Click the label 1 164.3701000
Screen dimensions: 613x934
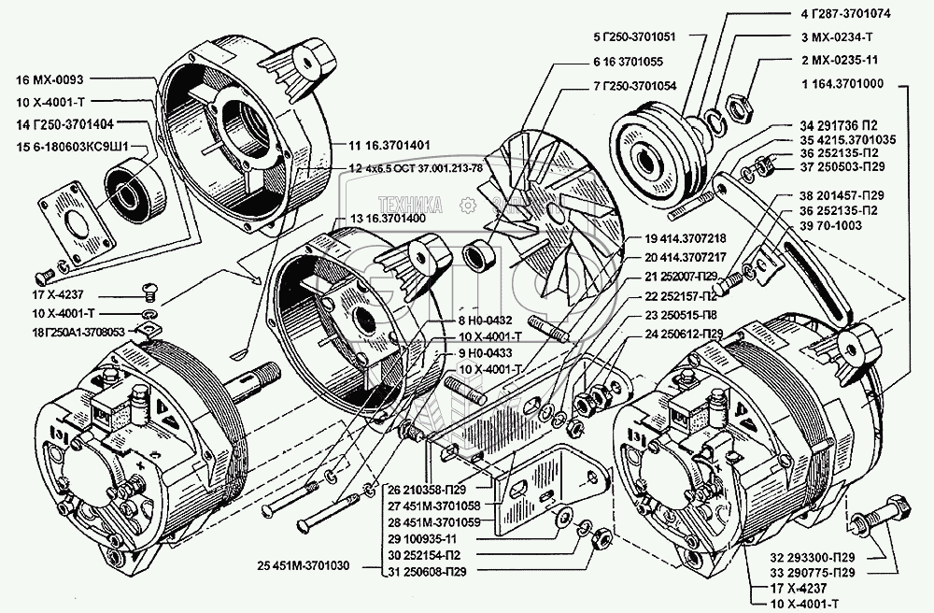(x=849, y=83)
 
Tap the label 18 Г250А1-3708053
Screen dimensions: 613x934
(x=59, y=331)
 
